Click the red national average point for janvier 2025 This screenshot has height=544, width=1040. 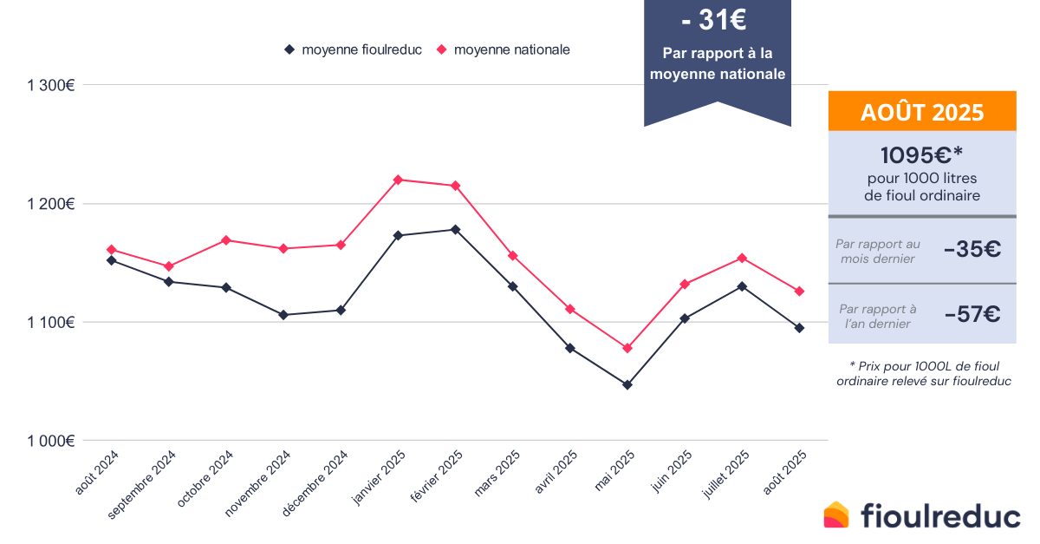click(398, 180)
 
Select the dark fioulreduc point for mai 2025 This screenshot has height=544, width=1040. click(627, 384)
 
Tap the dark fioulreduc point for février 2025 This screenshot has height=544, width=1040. click(455, 229)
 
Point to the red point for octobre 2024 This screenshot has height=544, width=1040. click(226, 239)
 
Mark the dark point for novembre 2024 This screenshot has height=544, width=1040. click(283, 315)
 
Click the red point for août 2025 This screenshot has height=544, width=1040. click(799, 292)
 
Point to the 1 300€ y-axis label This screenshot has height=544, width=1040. click(51, 85)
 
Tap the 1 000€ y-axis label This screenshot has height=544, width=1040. click(51, 441)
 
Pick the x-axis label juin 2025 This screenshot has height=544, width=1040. click(673, 470)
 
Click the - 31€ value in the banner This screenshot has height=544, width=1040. click(717, 17)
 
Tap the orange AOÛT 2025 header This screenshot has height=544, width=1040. click(922, 112)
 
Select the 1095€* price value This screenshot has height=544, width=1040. click(922, 156)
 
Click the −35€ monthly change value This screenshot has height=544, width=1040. click(972, 250)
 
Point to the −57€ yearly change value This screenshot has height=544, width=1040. click(972, 314)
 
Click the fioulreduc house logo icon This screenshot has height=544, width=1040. click(837, 515)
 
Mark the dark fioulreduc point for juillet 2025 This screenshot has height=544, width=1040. click(742, 286)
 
